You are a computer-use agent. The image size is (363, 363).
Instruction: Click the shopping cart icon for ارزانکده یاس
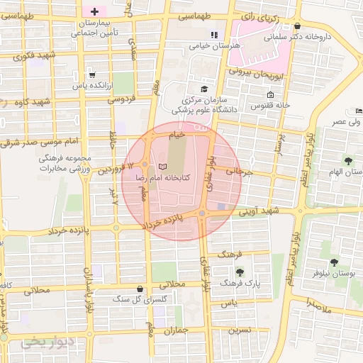tap(91, 74)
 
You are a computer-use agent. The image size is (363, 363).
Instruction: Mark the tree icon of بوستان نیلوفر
tap(334, 262)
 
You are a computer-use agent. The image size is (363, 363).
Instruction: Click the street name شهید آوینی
tap(259, 211)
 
